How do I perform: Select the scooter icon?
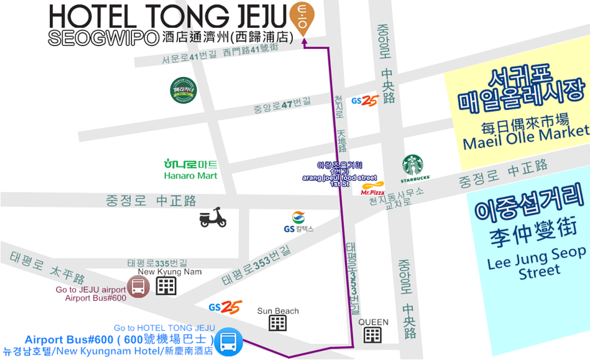click(x=213, y=217)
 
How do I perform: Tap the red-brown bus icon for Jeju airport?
click(x=138, y=286)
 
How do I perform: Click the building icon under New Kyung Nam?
click(x=166, y=286)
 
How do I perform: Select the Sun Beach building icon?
click(x=278, y=323)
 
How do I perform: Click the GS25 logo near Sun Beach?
click(x=225, y=307)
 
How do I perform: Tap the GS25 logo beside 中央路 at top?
click(x=364, y=100)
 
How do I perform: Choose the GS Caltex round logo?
click(x=298, y=218)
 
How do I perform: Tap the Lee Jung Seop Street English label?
click(x=536, y=263)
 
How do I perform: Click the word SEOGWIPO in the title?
click(x=104, y=38)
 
